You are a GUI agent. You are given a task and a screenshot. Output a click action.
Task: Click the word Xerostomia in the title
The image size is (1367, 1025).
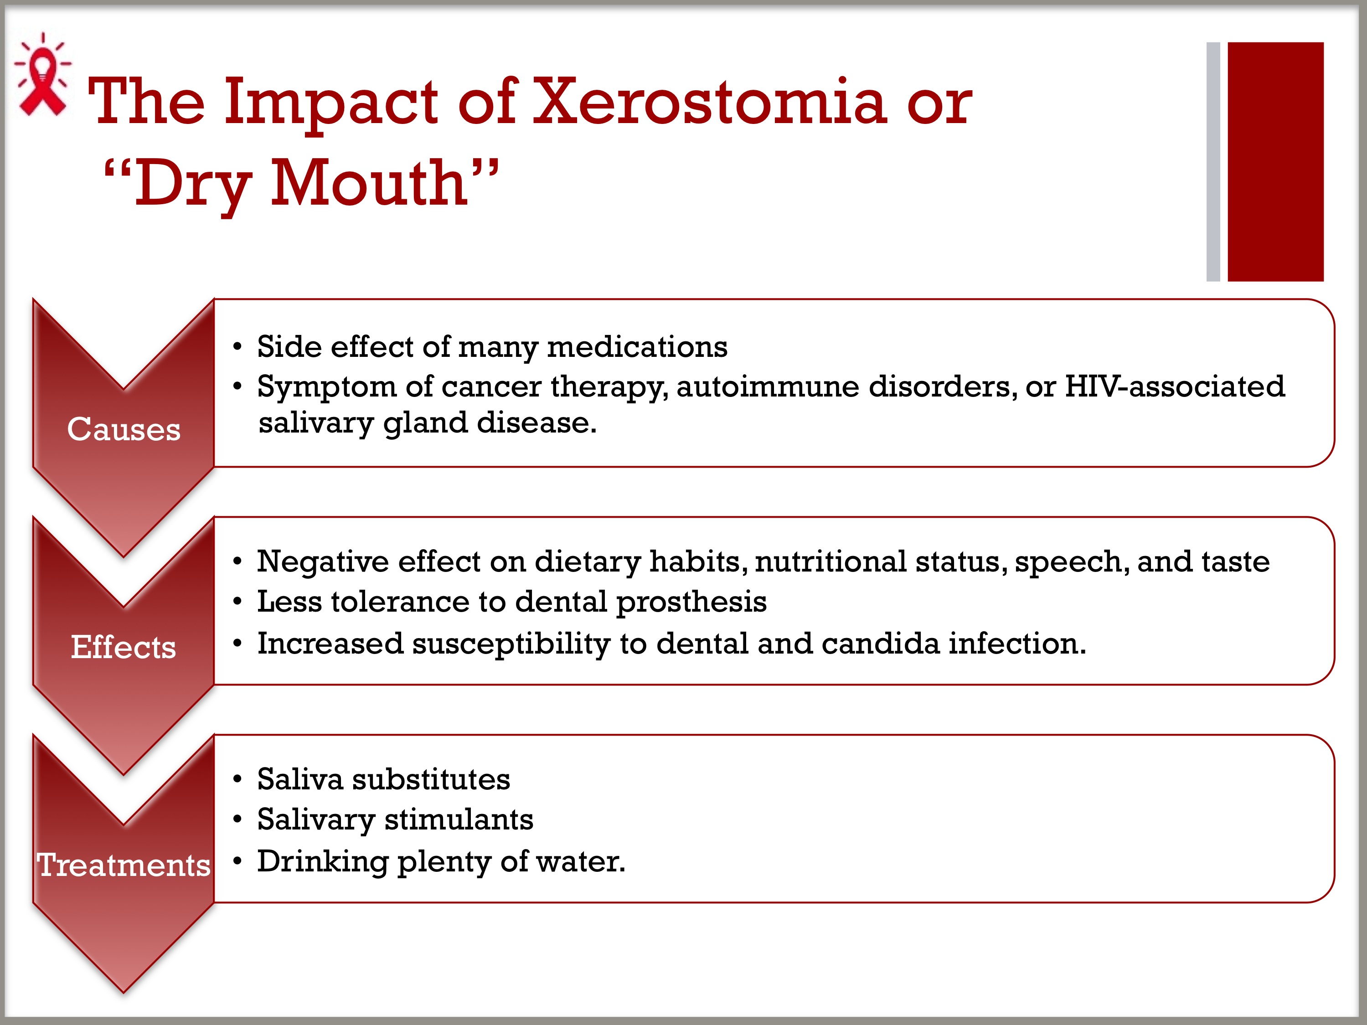coord(709,102)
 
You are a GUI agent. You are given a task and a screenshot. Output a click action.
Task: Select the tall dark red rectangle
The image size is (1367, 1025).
coord(1275,161)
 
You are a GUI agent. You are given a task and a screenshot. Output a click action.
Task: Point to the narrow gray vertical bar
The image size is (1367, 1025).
coord(1213,161)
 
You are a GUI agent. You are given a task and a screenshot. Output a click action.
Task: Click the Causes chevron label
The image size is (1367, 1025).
coord(124,429)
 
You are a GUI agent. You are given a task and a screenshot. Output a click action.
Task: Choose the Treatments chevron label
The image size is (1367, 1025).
coord(124,865)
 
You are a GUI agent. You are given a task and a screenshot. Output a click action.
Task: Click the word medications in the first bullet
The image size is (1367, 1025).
coord(637,347)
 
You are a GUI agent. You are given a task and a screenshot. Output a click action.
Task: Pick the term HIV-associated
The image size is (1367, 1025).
coord(1175,387)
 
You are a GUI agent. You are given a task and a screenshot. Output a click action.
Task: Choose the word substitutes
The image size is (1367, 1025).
coord(431,779)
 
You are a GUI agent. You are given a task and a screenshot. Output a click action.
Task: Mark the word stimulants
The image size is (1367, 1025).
coord(459,820)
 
